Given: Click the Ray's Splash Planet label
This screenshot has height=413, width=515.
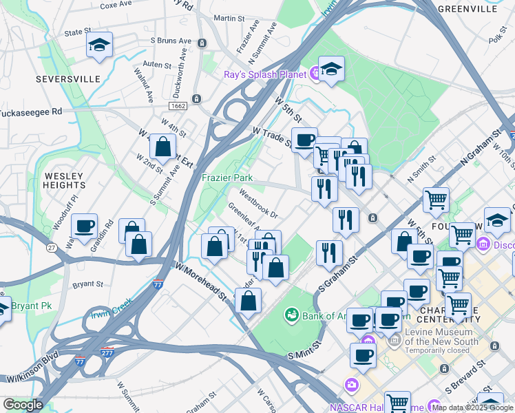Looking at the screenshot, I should point(265,74).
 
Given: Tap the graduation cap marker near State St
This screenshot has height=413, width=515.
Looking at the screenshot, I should point(99,45).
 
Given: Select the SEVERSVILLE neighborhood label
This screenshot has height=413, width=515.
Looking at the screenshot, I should point(67,79).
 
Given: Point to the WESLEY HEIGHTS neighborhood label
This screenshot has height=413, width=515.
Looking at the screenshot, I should point(63,181).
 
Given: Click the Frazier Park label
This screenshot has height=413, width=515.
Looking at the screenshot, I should point(227,178).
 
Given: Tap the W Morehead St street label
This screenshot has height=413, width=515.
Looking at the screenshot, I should point(201,280).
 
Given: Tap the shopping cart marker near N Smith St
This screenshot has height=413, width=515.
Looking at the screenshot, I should point(436,200).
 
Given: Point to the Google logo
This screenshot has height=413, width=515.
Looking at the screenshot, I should point(22,405).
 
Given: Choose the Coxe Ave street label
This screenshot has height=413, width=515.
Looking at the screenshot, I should point(116,4).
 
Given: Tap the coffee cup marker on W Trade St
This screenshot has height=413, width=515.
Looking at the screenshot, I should point(304,140).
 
